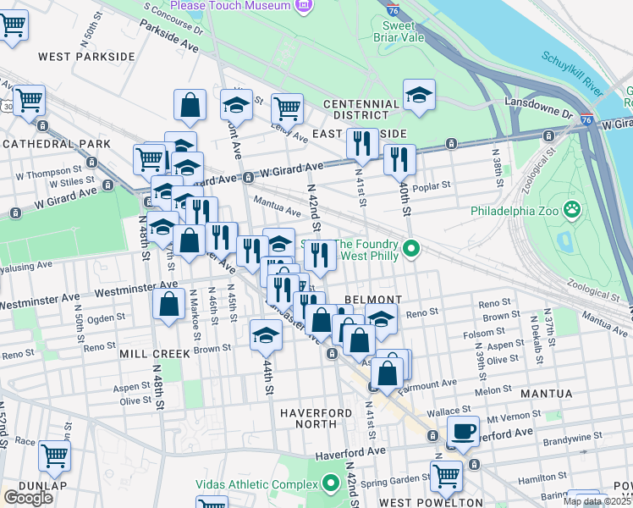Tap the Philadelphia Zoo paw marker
click(573, 208)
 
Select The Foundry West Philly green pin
click(411, 248)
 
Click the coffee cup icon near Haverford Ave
click(463, 430)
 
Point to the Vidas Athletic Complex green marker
click(331, 483)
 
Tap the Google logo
click(28, 498)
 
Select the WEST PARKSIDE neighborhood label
click(85, 56)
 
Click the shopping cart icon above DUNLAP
click(54, 455)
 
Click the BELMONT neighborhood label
click(372, 300)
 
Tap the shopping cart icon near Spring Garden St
click(446, 475)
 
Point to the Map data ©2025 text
click(597, 501)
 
